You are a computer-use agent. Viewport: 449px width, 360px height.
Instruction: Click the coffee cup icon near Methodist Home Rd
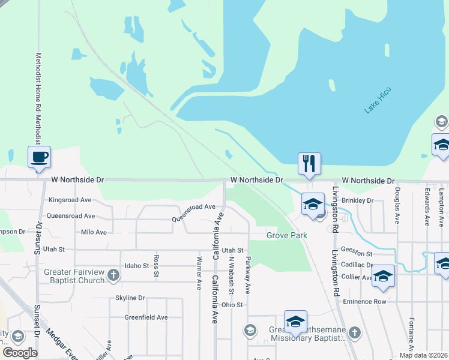coord(39,157)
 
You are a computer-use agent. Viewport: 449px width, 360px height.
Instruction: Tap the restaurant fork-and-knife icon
coord(309,163)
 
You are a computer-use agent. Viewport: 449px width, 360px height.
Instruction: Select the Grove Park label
coord(286,236)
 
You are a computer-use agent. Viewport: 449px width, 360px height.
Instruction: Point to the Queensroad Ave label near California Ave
coord(193,207)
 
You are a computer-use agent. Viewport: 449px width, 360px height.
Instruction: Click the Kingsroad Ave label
coord(70,200)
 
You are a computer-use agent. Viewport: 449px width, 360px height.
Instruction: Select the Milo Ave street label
coord(93,232)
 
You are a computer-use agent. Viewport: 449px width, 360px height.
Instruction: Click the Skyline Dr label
coord(130,298)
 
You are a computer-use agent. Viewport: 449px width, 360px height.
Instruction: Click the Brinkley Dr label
coord(358,201)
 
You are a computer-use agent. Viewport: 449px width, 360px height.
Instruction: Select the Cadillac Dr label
coord(357,265)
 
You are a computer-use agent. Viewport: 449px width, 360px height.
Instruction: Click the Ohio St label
coord(232,305)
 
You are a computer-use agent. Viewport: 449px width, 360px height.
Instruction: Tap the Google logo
coord(20,353)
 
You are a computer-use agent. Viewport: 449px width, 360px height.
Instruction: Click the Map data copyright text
coord(424,355)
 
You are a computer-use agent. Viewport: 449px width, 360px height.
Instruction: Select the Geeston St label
coord(357,254)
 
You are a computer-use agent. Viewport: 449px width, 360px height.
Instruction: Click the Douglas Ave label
coord(397,206)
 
